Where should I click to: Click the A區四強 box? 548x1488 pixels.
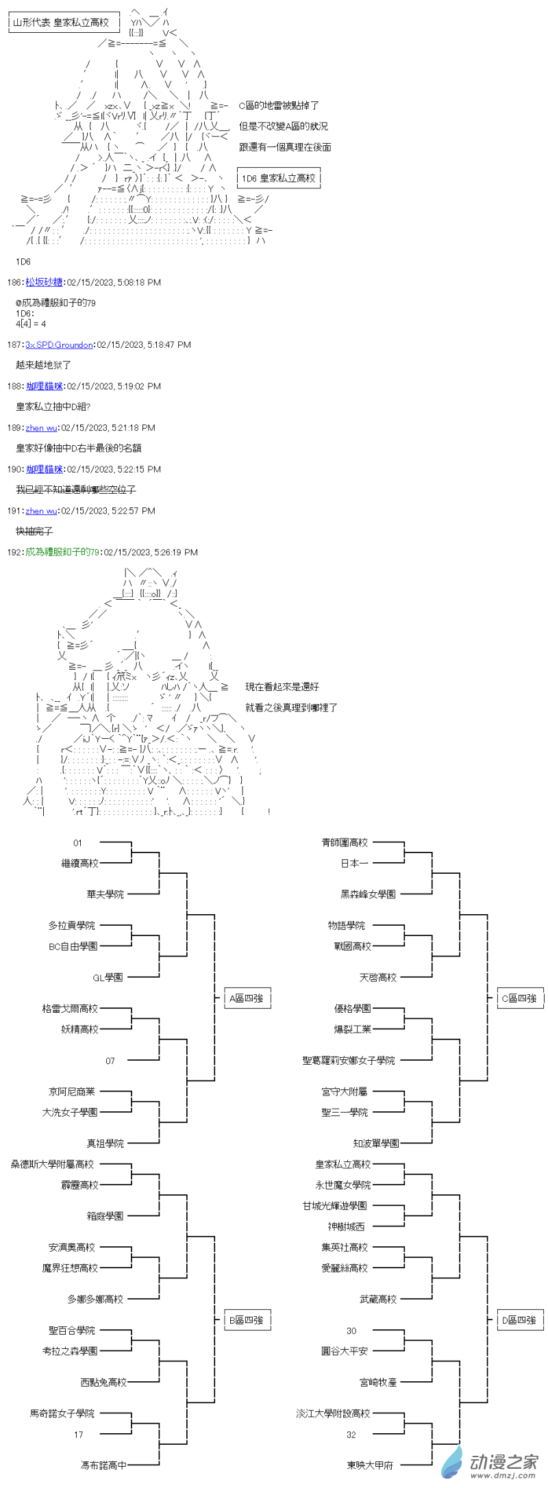tap(247, 998)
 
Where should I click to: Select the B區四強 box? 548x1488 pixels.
tap(247, 1320)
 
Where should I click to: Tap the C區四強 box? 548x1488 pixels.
tap(519, 998)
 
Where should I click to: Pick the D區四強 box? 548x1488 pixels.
tap(519, 1320)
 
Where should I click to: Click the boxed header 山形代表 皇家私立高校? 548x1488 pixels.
tap(62, 23)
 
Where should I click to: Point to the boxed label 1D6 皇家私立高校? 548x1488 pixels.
tap(279, 178)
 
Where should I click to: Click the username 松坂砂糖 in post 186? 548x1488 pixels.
tap(44, 282)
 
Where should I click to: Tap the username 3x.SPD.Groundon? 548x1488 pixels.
tap(59, 344)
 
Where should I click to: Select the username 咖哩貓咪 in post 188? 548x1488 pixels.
tap(45, 386)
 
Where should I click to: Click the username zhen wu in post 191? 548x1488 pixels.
tap(41, 511)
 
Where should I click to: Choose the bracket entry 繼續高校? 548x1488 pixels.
tap(80, 863)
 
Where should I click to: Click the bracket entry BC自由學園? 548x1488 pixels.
tap(73, 946)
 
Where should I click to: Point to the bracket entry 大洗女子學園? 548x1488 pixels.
tap(70, 1112)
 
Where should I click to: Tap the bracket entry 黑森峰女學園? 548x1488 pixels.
tap(368, 894)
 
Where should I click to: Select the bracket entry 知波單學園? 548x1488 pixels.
tap(376, 1143)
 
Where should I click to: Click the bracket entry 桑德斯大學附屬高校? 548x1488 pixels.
tap(52, 1164)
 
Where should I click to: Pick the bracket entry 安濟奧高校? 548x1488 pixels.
tap(72, 1247)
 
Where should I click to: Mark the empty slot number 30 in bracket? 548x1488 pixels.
tap(351, 1331)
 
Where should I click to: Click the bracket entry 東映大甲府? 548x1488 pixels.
tap(370, 1465)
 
